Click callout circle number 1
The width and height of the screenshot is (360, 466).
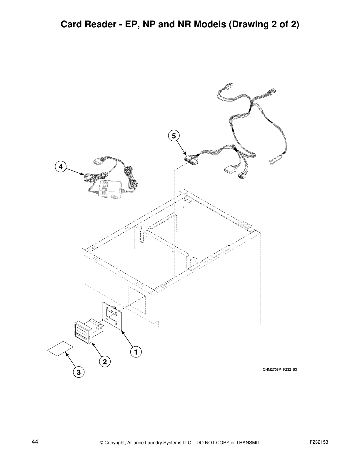pos(136,352)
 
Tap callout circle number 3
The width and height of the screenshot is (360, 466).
pos(78,372)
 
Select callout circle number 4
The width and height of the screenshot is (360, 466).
pos(60,167)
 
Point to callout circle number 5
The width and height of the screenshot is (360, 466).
pos(174,136)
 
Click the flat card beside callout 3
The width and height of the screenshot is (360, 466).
pos(60,349)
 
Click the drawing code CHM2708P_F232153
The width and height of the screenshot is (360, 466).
pos(279,370)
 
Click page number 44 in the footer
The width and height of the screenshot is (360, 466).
pos(35,442)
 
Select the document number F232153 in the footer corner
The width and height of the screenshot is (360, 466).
pos(319,442)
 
